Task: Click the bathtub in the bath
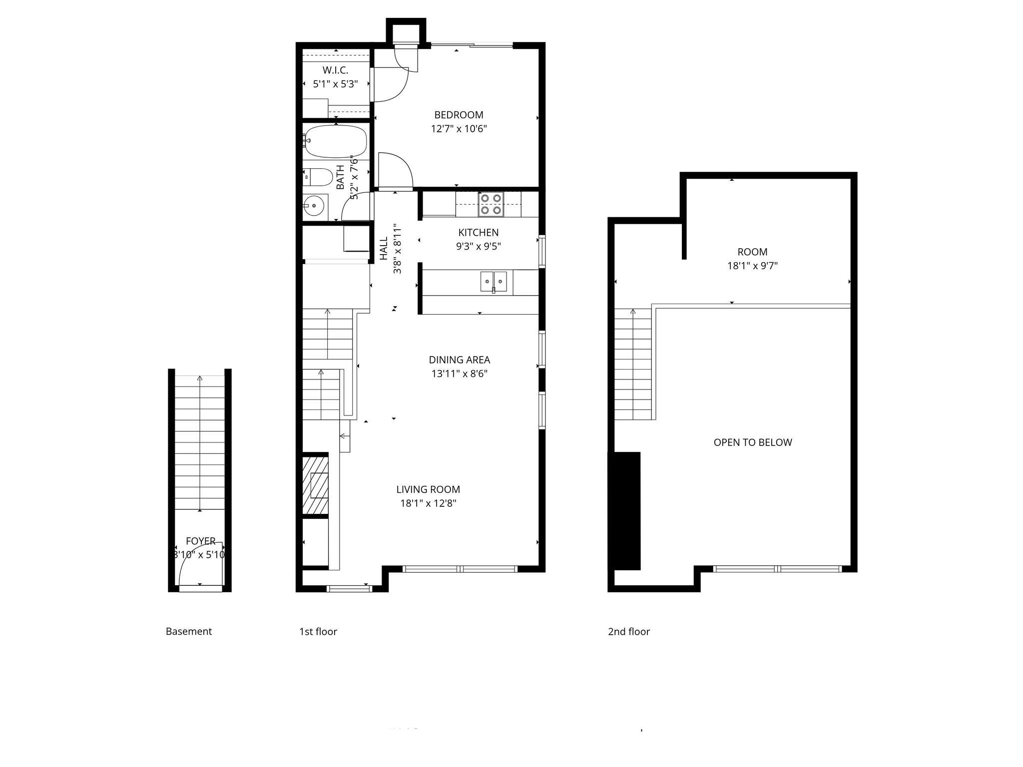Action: pyautogui.click(x=336, y=141)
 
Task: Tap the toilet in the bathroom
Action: pyautogui.click(x=318, y=177)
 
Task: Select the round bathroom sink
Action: pyautogui.click(x=314, y=205)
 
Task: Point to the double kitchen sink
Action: pyautogui.click(x=494, y=282)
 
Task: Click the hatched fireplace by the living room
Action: pyautogui.click(x=315, y=484)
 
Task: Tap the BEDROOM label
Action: pyautogui.click(x=459, y=115)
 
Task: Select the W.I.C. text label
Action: pyautogui.click(x=335, y=70)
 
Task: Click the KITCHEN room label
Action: pyautogui.click(x=478, y=233)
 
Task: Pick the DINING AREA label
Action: pyautogui.click(x=459, y=360)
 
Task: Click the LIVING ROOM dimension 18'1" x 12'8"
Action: pyautogui.click(x=428, y=503)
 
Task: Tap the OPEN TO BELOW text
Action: pyautogui.click(x=752, y=442)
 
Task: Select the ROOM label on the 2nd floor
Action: pyautogui.click(x=752, y=252)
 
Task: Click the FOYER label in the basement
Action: pyautogui.click(x=200, y=541)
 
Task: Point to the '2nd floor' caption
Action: pyautogui.click(x=628, y=632)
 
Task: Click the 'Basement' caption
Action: pyautogui.click(x=188, y=632)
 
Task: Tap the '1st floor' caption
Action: pyautogui.click(x=318, y=632)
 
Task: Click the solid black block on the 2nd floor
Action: pyautogui.click(x=624, y=510)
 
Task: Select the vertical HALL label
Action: pyautogui.click(x=384, y=248)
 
